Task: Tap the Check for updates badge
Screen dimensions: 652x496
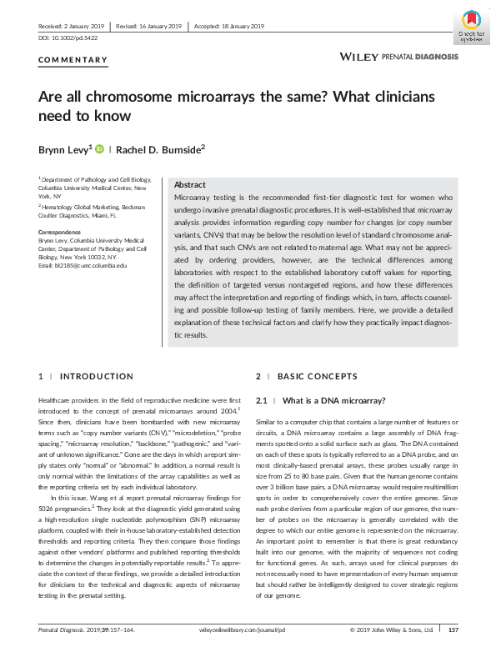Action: point(469,27)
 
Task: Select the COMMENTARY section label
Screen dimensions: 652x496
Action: point(73,60)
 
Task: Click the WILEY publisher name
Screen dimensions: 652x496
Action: point(358,56)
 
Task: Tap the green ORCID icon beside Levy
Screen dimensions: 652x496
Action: point(99,148)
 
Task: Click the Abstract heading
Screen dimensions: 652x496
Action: point(190,183)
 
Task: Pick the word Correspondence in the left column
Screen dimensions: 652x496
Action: point(61,233)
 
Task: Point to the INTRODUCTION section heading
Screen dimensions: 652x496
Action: point(98,377)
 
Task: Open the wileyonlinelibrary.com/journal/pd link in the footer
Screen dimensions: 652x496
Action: point(247,630)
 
